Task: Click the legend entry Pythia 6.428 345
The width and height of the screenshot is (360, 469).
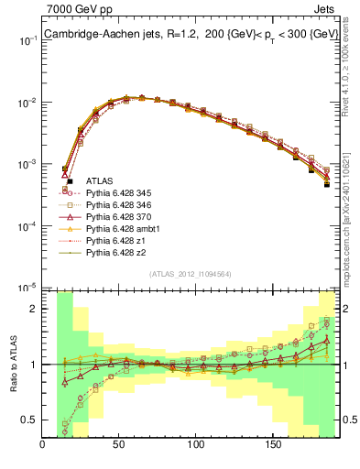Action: coord(118,193)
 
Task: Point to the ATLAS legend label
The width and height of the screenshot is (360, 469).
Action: coord(99,181)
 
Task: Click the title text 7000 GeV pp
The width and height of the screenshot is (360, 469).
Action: coord(76,8)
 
